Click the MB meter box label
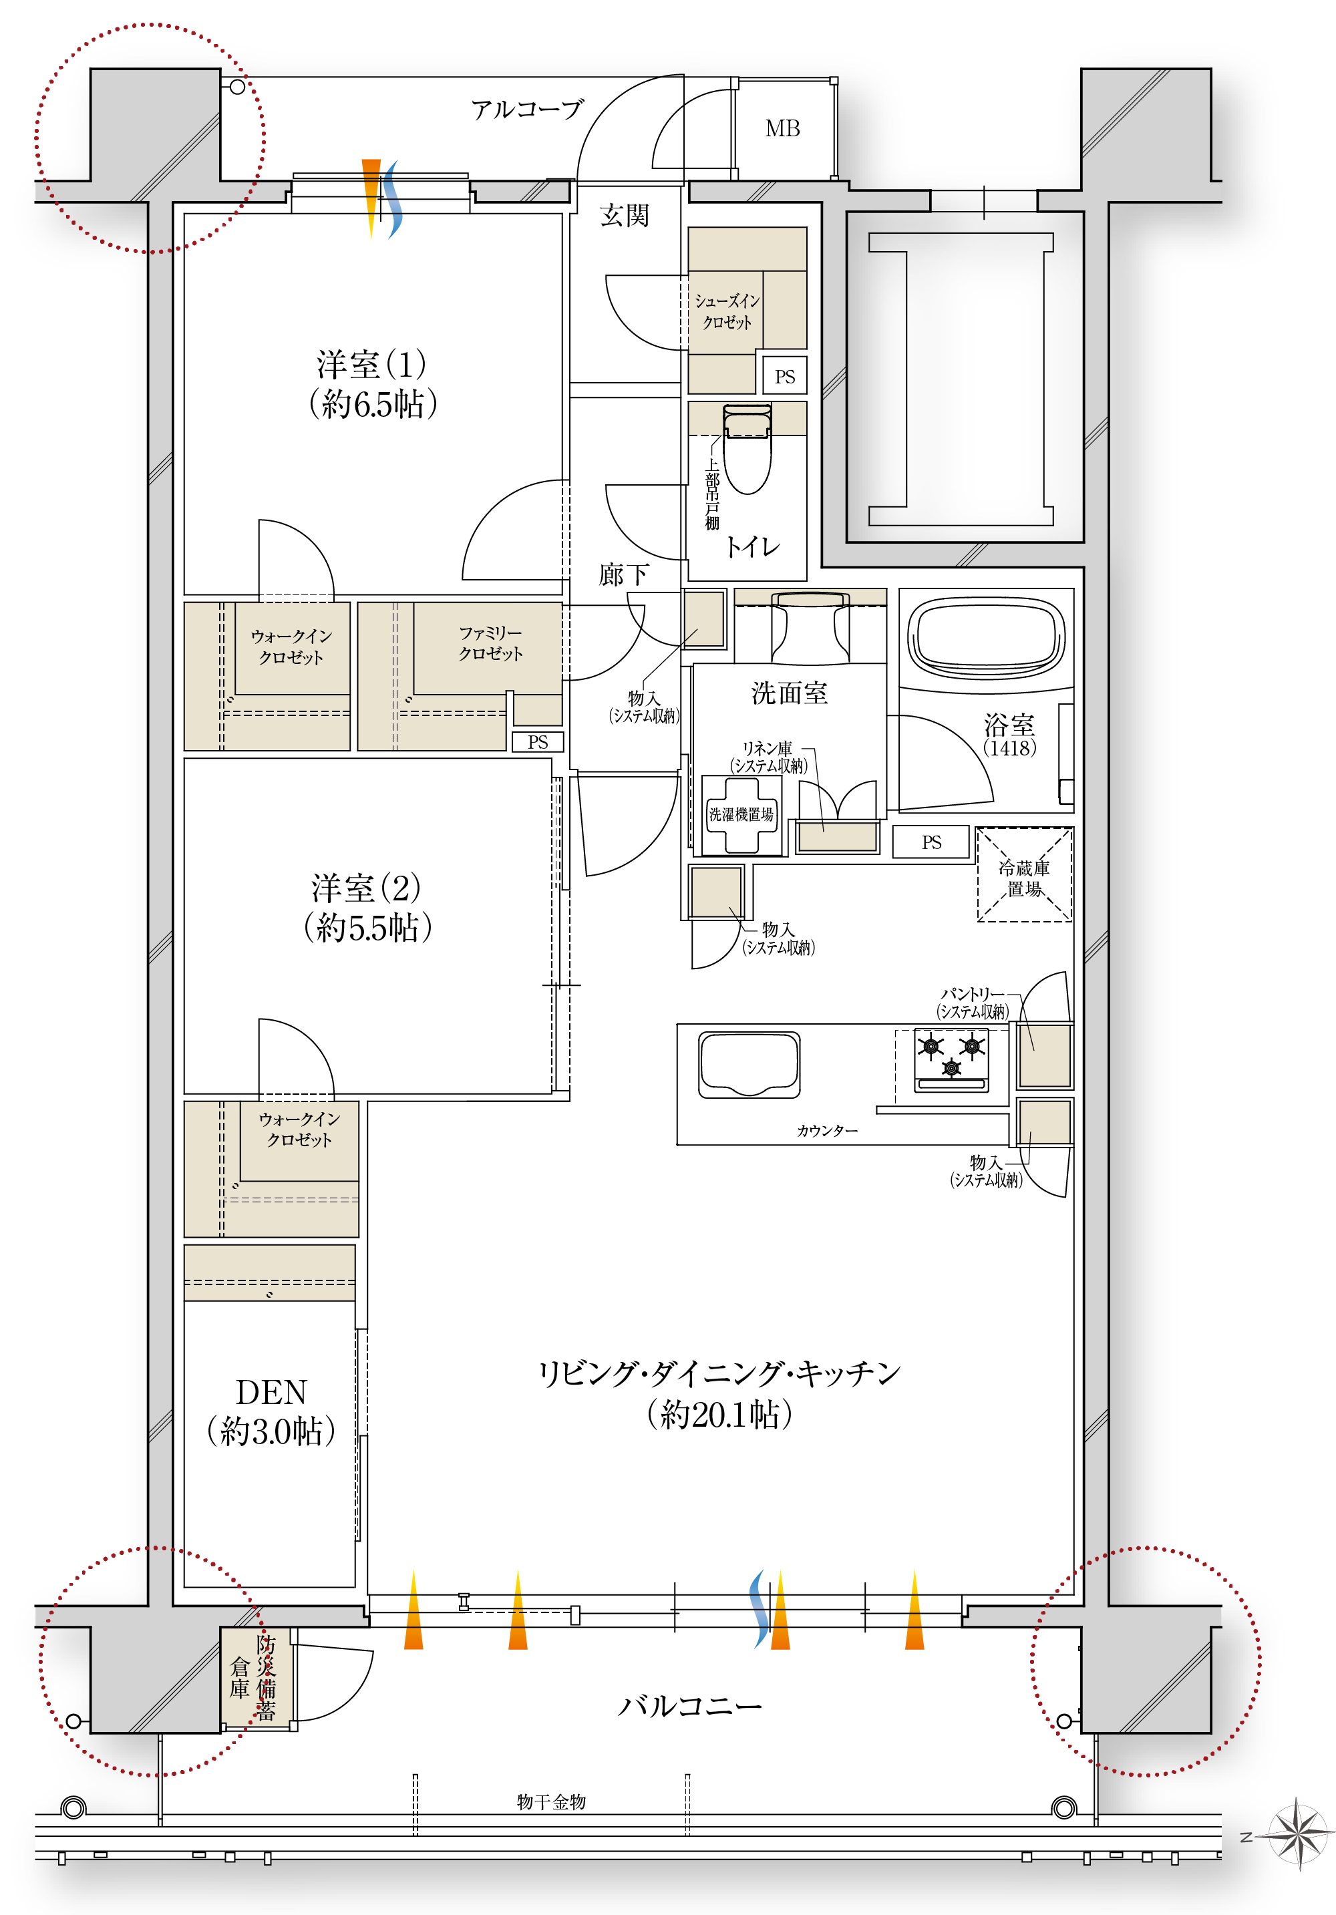[x=782, y=128]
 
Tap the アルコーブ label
[x=527, y=110]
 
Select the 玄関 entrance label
[x=625, y=215]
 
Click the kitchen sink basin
[x=749, y=1064]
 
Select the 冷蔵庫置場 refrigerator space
[x=1024, y=875]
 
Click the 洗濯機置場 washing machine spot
[x=741, y=815]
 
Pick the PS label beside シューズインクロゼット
[x=785, y=376]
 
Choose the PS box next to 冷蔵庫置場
[x=931, y=842]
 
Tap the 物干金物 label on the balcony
[x=551, y=1801]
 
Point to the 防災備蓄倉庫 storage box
[x=255, y=1677]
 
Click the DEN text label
[x=271, y=1392]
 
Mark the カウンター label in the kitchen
[x=826, y=1130]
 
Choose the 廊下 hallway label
[x=624, y=574]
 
